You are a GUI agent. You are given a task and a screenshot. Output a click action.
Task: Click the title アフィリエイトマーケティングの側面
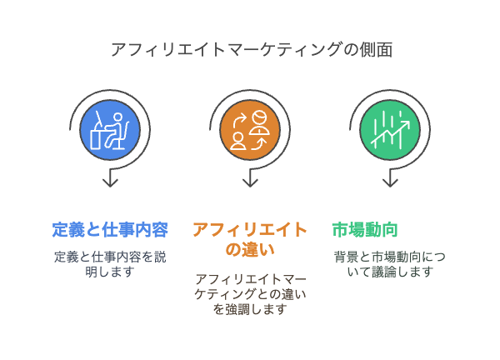pyautogui.click(x=250, y=50)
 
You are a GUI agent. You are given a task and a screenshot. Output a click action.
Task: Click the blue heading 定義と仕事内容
pyautogui.click(x=110, y=229)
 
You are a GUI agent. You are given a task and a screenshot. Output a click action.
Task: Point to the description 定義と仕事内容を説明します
pyautogui.click(x=110, y=264)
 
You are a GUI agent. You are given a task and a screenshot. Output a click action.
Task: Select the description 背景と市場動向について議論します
pyautogui.click(x=384, y=264)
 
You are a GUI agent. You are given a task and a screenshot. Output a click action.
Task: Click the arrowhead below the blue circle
pyautogui.click(x=110, y=182)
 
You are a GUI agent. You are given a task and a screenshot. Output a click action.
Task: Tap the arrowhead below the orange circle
pyautogui.click(x=250, y=182)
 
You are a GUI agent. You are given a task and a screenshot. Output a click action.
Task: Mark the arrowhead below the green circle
pyautogui.click(x=390, y=182)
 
